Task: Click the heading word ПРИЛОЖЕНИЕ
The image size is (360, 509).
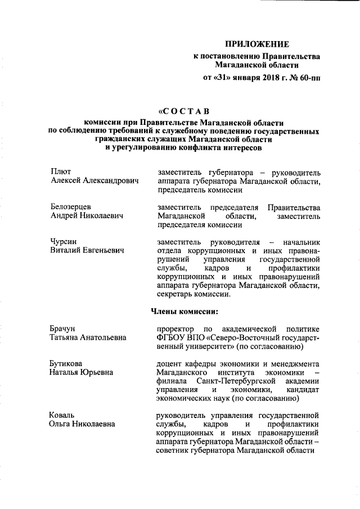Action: [257, 43]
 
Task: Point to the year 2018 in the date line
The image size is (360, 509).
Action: [265, 77]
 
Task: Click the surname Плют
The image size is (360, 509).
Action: [60, 172]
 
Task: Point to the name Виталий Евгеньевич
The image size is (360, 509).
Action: [87, 250]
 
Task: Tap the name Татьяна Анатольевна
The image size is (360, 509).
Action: [88, 337]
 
